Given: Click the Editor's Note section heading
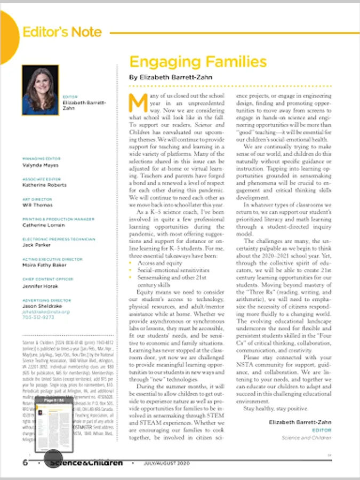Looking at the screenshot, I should (x=62, y=32).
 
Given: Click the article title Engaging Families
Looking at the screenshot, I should (x=198, y=61).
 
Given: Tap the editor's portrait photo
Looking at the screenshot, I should (x=40, y=90).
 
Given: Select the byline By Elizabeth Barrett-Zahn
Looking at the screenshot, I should (x=171, y=77).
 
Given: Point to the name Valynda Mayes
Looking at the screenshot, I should (x=40, y=165).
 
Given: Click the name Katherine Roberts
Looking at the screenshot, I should (x=45, y=185).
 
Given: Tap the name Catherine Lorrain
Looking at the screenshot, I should (x=43, y=225).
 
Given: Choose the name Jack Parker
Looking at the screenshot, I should (x=36, y=245).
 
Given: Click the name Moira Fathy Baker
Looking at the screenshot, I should (x=45, y=265).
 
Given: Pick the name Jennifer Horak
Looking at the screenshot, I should (x=40, y=285).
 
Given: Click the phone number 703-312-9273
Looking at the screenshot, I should (x=38, y=317).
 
